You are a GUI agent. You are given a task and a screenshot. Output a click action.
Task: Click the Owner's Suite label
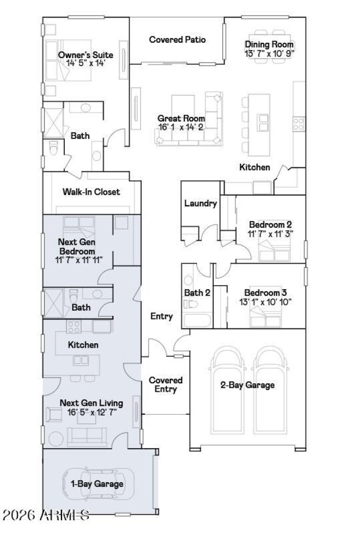pyautogui.click(x=85, y=55)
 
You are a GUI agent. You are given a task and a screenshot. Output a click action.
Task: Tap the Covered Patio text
pyautogui.click(x=177, y=40)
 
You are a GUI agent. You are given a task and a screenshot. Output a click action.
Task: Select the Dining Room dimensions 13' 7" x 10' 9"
pyautogui.click(x=269, y=53)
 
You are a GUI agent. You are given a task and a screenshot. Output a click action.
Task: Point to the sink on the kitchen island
pyautogui.click(x=264, y=122)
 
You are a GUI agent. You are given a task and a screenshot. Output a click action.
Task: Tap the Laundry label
pyautogui.click(x=200, y=203)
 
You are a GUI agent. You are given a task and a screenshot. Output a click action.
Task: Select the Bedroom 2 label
pyautogui.click(x=268, y=224)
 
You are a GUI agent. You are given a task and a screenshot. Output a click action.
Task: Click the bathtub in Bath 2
pyautogui.click(x=197, y=321)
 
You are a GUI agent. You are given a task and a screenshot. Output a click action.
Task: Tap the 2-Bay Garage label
pyautogui.click(x=247, y=385)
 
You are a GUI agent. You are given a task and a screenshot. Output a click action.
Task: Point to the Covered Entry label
pyautogui.click(x=166, y=385)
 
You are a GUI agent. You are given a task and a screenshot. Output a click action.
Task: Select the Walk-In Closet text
pyautogui.click(x=91, y=192)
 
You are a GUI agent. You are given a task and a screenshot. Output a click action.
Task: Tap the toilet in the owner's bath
pyautogui.click(x=53, y=147)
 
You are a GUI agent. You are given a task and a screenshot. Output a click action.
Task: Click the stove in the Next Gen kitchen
pyautogui.click(x=74, y=325)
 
